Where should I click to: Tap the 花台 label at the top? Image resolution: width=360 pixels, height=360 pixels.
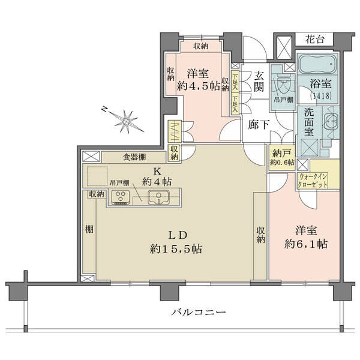click(315, 40)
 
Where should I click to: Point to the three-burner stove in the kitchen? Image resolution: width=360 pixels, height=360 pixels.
click(121, 197)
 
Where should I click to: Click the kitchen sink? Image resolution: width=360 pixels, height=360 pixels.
click(158, 197)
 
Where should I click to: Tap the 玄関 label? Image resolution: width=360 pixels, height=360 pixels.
click(259, 81)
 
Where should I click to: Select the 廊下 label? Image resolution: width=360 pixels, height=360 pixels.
click(259, 124)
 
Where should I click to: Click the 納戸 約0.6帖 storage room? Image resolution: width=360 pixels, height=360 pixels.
click(282, 157)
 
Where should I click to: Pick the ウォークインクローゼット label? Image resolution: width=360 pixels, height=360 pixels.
click(313, 181)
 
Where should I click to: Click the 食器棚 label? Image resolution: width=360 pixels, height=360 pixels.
click(134, 157)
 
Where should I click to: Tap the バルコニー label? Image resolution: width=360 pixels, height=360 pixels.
click(199, 312)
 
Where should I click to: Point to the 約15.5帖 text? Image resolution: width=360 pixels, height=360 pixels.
click(176, 249)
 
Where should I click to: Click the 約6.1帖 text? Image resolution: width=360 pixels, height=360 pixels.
click(305, 244)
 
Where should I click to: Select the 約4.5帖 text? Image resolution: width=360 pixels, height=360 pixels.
click(199, 86)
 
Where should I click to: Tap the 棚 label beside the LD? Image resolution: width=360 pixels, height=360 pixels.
click(89, 229)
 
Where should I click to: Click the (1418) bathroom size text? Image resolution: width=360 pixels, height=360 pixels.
click(321, 95)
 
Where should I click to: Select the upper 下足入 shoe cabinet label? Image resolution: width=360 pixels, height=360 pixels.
click(235, 82)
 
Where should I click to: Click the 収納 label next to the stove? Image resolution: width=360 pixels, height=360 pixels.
click(97, 194)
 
